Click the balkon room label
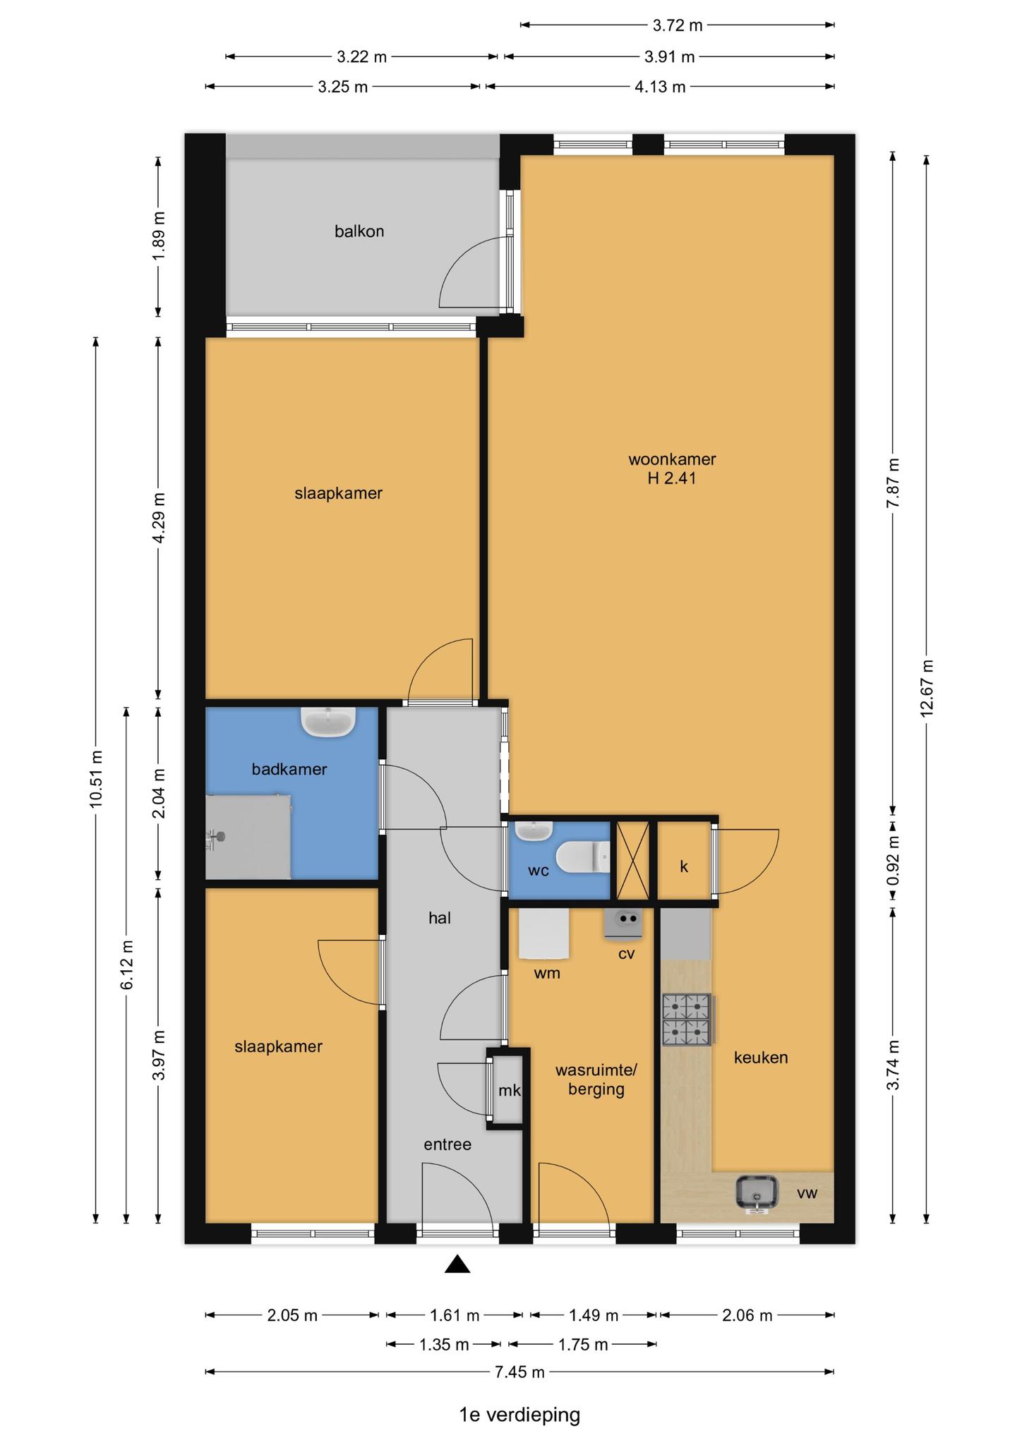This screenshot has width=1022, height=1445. (359, 231)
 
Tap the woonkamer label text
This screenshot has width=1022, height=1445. (672, 459)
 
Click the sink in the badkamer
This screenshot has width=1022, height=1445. (328, 722)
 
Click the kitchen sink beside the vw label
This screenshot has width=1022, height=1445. (757, 1194)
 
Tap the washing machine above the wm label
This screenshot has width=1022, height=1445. (544, 933)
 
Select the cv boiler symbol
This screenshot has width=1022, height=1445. (623, 924)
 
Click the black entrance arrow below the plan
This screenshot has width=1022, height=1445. (457, 1264)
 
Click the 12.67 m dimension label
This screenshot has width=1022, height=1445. (927, 688)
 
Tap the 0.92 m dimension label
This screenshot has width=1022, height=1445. (894, 861)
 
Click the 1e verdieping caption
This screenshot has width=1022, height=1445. (519, 1415)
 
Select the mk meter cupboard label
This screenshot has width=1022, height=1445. (510, 1090)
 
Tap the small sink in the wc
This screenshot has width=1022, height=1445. (534, 830)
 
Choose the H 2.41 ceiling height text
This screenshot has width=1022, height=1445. (672, 478)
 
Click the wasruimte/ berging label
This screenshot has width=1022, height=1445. (596, 1080)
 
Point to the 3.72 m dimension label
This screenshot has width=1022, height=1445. (678, 26)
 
